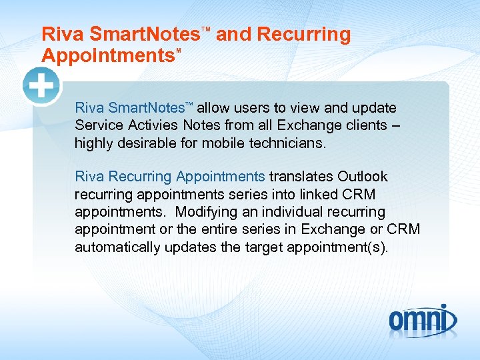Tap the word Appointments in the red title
click(x=107, y=55)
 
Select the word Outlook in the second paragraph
click(x=363, y=177)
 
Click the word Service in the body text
click(x=95, y=125)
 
